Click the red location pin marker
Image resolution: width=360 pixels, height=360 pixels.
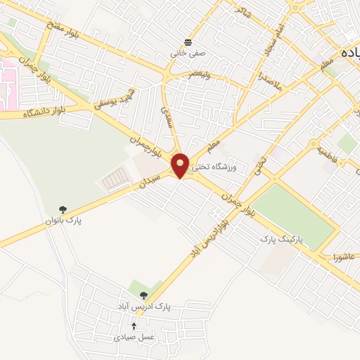click(x=181, y=165)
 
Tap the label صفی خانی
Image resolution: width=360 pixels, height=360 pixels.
click(x=186, y=53)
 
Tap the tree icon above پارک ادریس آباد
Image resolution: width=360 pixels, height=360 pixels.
click(x=144, y=296)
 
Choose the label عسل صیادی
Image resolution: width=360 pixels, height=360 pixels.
click(x=134, y=337)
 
